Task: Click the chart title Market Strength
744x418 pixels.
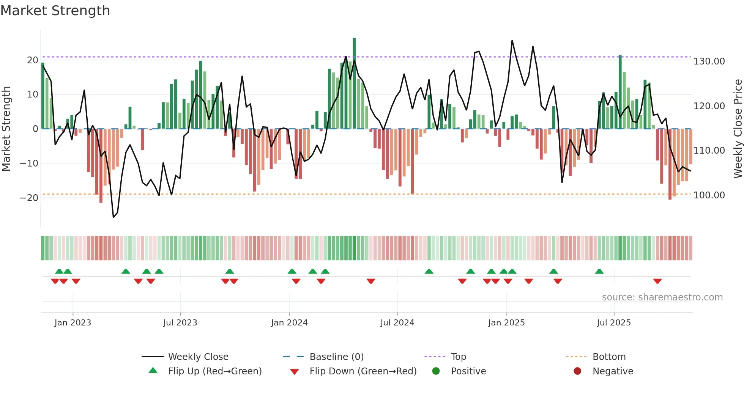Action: click(x=55, y=11)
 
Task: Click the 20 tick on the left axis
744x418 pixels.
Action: click(x=33, y=60)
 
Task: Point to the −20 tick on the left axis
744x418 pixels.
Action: click(x=29, y=198)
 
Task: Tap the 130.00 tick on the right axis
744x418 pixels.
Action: click(x=709, y=61)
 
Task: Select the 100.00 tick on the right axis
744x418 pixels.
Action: click(x=709, y=195)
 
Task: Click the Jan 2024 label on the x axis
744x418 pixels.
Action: click(x=289, y=323)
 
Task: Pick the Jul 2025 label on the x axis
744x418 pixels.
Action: click(x=613, y=323)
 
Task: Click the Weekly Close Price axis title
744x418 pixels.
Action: click(x=738, y=129)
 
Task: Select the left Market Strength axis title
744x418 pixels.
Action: click(x=6, y=129)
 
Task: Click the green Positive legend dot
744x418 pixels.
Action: click(x=436, y=371)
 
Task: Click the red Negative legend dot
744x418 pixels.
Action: click(x=577, y=371)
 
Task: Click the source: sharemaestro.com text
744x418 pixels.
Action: click(x=662, y=297)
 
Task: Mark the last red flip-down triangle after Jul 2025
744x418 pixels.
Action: click(x=657, y=281)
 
